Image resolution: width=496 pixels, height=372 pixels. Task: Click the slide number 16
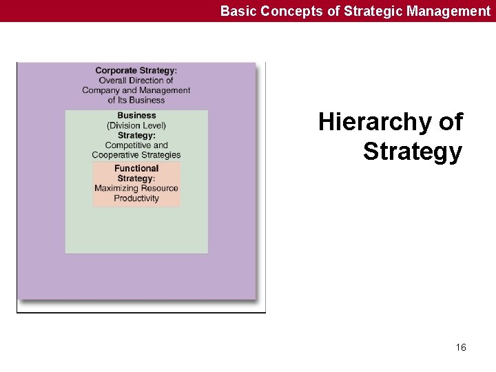461,347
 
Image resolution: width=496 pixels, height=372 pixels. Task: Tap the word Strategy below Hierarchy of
413,152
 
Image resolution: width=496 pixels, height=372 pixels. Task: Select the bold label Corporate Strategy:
136,70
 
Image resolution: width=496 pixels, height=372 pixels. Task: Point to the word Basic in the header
236,10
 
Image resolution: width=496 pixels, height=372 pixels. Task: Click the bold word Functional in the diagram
136,168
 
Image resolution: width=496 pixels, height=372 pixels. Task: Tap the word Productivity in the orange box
136,198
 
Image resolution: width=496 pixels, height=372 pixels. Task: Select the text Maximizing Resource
136,188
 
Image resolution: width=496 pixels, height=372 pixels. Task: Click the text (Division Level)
136,125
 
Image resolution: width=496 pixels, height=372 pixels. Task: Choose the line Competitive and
136,145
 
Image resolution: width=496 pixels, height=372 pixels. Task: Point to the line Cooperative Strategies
136,155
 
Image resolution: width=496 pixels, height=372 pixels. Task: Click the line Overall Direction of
136,81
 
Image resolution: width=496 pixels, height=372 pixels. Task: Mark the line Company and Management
136,90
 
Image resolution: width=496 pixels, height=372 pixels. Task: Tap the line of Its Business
136,100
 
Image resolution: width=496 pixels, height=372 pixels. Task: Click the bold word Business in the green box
136,116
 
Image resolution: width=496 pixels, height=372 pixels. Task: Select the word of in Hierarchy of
451,123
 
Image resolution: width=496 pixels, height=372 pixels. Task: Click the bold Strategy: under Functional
136,178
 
